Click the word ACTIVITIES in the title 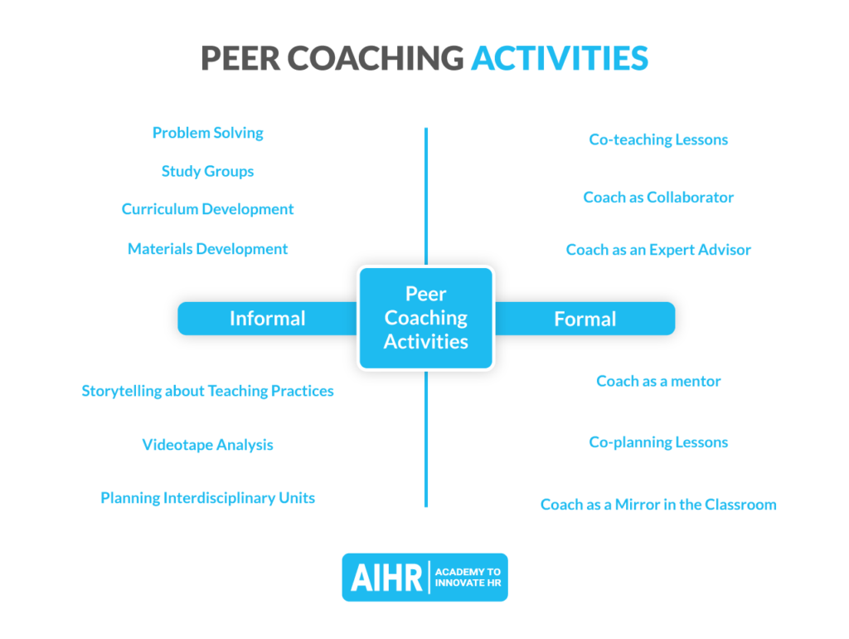[560, 58]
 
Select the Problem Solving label [207, 133]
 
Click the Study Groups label [207, 172]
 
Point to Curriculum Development [207, 209]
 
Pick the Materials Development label [207, 249]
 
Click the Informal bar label [267, 319]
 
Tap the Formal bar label [585, 319]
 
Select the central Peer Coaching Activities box [425, 318]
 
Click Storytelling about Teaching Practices [207, 391]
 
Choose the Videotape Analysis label [207, 445]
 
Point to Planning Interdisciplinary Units [207, 498]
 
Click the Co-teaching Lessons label [658, 139]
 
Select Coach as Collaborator [658, 198]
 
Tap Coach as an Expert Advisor [658, 250]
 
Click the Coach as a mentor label [658, 382]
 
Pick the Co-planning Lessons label [658, 442]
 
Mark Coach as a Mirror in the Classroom [658, 505]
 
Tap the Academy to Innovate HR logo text [468, 578]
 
